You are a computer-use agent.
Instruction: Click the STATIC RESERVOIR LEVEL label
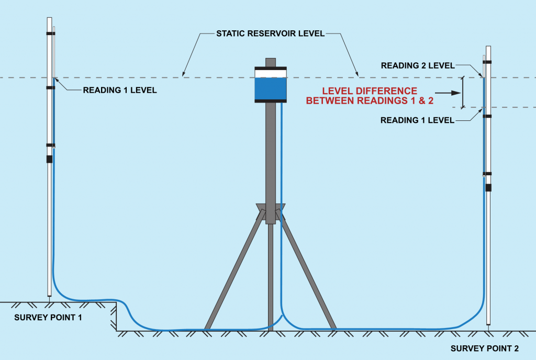(271, 35)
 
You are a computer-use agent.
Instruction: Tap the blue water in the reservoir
(270, 89)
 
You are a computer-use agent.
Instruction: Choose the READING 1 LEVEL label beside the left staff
(120, 91)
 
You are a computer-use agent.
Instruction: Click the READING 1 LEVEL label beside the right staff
(417, 120)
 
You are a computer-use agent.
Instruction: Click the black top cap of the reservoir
(270, 68)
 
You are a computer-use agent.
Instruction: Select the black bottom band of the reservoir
(270, 101)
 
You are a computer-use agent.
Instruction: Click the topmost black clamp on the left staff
(50, 33)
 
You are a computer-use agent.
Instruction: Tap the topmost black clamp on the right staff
(487, 62)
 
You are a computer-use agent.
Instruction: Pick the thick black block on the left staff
(50, 159)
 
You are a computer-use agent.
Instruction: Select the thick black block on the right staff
(488, 187)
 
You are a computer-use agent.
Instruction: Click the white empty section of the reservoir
(270, 74)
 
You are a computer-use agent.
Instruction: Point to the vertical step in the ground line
(116, 316)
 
